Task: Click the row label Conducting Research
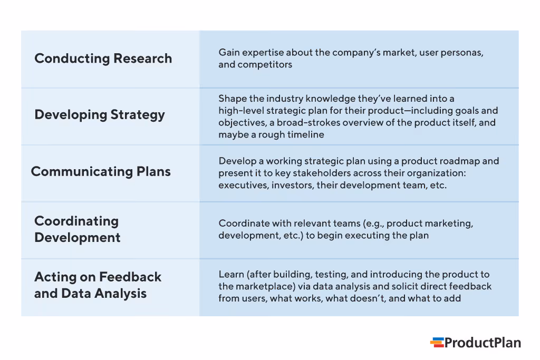click(103, 59)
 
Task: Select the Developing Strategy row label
click(100, 115)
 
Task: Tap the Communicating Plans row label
click(101, 171)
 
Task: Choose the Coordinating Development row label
click(77, 229)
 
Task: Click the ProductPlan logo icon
click(437, 343)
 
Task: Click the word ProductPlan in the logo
click(483, 343)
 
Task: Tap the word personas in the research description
click(462, 53)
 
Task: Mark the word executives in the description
click(243, 185)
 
